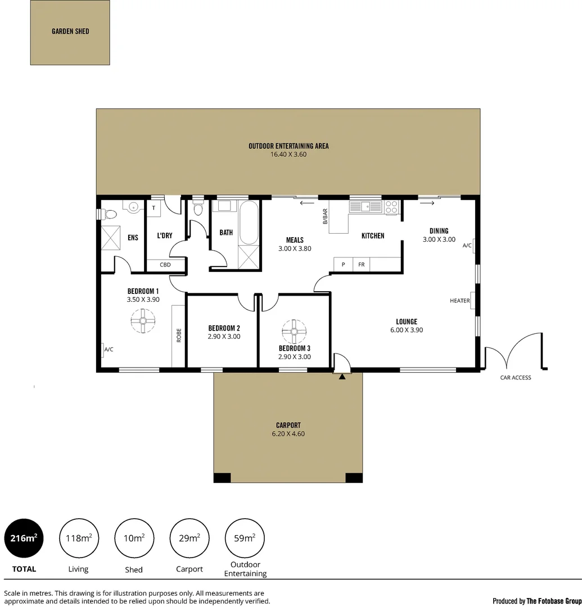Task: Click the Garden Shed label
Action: tap(70, 31)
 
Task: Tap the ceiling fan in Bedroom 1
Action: tap(143, 322)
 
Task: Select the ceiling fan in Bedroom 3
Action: tap(294, 332)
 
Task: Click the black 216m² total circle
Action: tap(24, 538)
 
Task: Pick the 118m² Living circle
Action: tap(78, 538)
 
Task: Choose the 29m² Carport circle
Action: tap(190, 538)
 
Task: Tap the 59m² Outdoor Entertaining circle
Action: tap(245, 538)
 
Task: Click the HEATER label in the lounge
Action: tap(459, 301)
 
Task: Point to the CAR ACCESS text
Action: tap(516, 378)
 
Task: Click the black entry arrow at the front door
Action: tap(342, 377)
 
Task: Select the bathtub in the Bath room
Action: tap(249, 222)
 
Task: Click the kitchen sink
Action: tap(366, 206)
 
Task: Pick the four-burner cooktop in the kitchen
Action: tap(391, 207)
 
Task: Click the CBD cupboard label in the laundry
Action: tap(165, 265)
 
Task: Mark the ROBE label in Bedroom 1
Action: tap(179, 336)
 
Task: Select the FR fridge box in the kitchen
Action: tap(362, 264)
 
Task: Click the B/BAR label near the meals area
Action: tap(324, 216)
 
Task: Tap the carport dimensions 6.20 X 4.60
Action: tap(287, 434)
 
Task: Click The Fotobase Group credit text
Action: tap(536, 601)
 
